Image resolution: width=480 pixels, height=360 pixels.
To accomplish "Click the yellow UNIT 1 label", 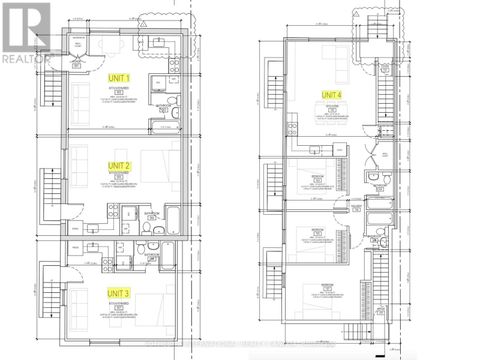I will point(122,77).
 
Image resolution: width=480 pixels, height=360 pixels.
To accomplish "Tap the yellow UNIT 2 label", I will point(121,165).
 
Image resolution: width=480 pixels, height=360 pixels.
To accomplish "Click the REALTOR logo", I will point(25,31).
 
